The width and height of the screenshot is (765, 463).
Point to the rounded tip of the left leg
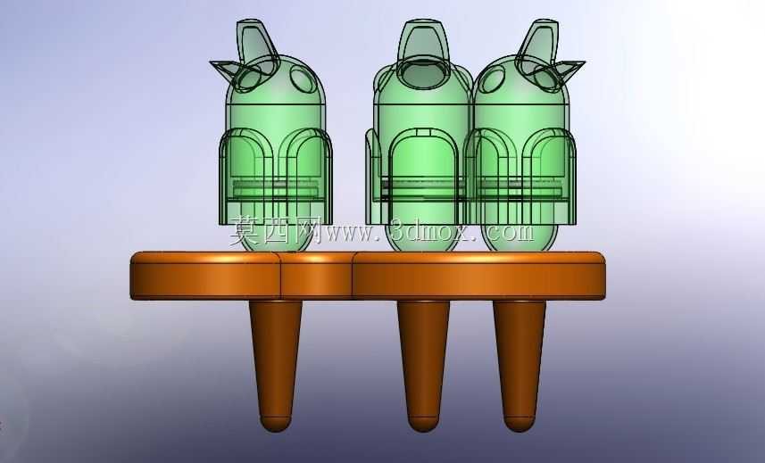[x=276, y=424]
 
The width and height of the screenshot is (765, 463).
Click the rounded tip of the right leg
[x=520, y=424]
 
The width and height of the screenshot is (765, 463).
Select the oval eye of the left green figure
[x=303, y=79]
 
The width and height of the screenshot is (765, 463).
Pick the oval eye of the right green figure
[x=492, y=79]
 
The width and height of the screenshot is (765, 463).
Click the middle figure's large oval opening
[x=423, y=75]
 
